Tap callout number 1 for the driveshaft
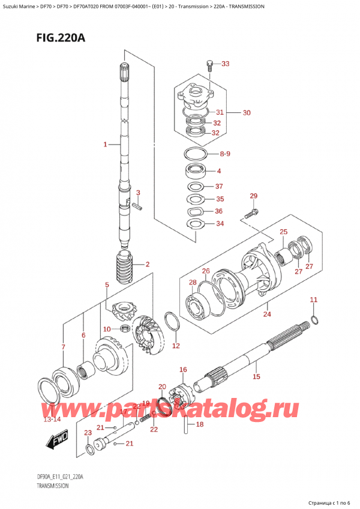[x=105, y=145]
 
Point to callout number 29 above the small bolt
[x=253, y=196]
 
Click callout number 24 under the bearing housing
[x=266, y=313]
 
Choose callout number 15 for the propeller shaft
[x=256, y=377]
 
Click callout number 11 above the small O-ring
[x=313, y=300]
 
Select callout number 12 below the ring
[x=175, y=346]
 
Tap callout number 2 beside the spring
[x=147, y=264]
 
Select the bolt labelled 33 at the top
[x=209, y=64]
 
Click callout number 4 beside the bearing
[x=219, y=170]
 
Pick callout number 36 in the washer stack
[x=219, y=211]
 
